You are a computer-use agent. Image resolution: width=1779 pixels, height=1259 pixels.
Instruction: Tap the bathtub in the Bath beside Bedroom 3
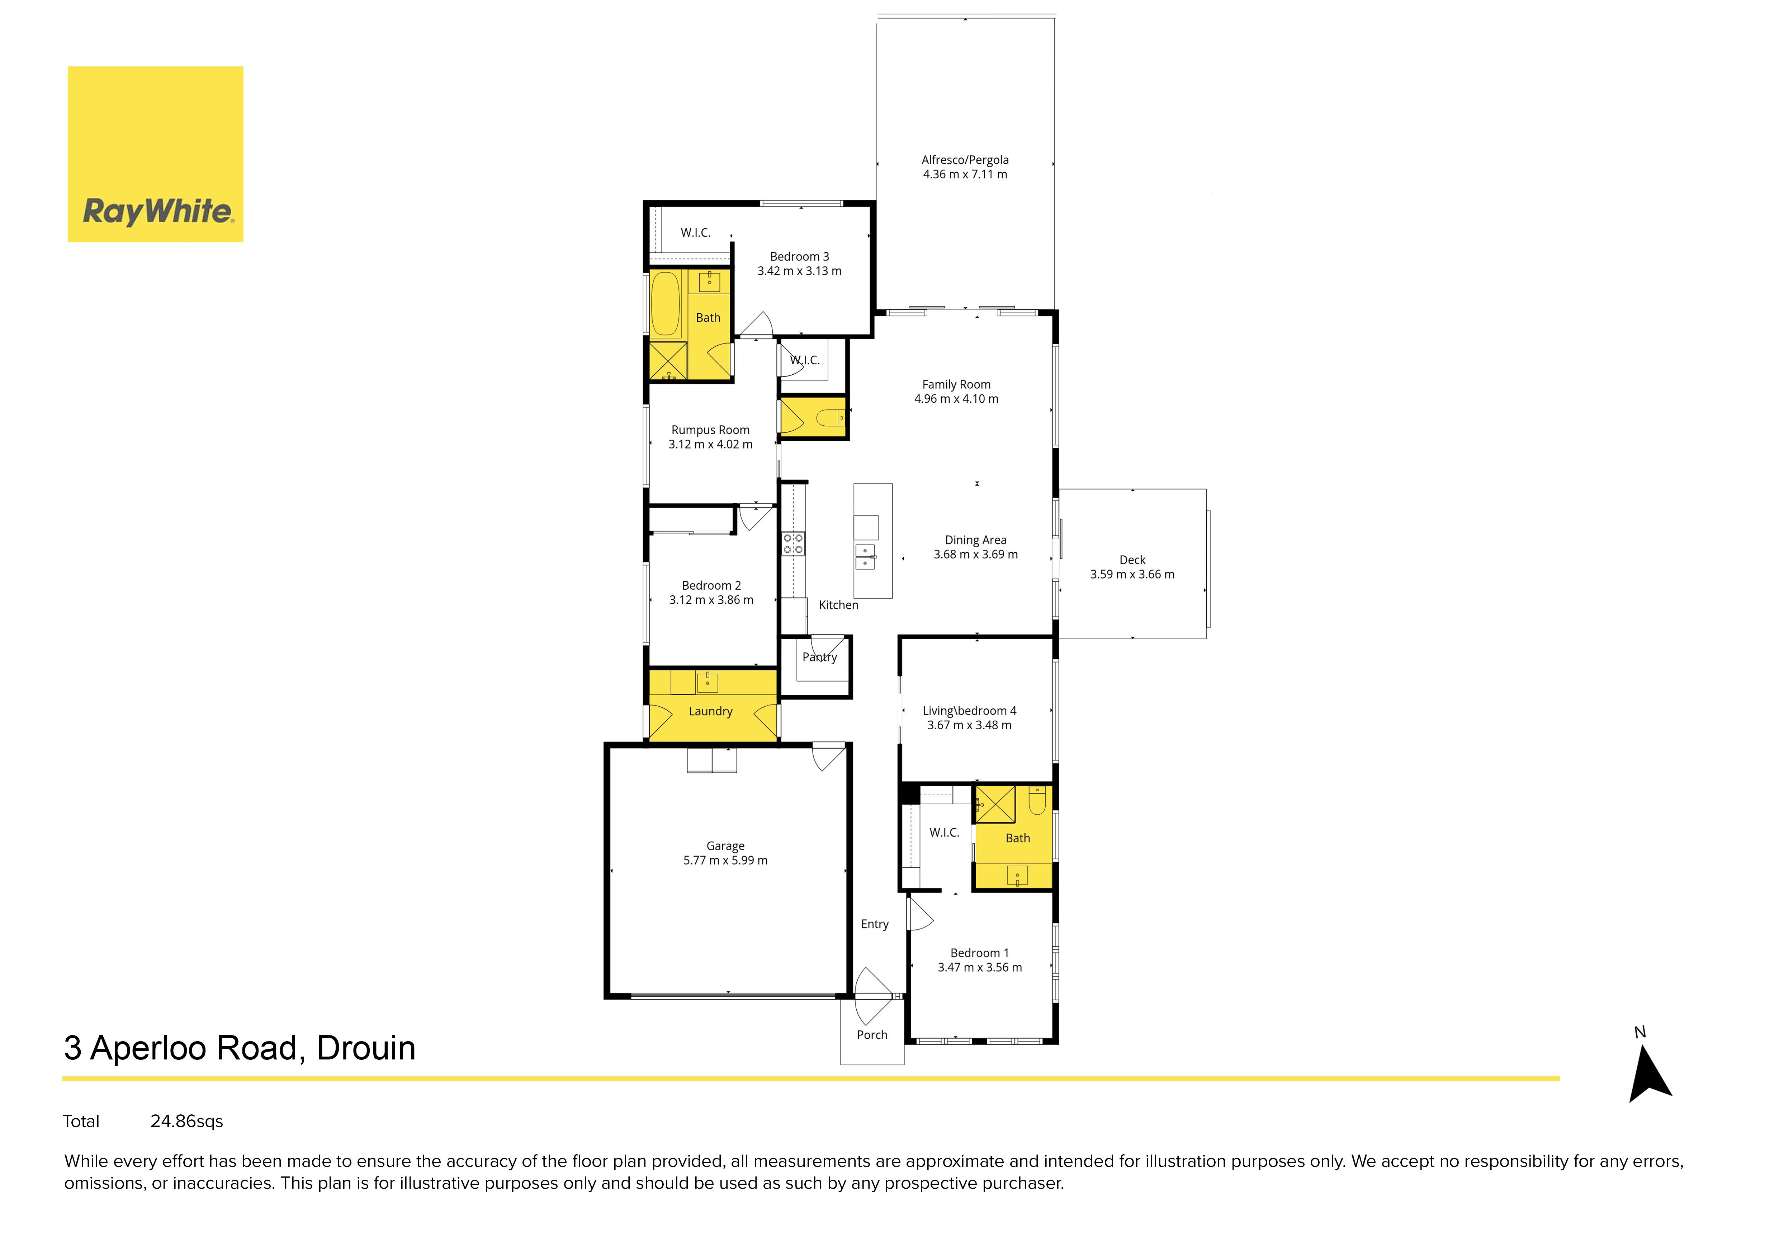[666, 303]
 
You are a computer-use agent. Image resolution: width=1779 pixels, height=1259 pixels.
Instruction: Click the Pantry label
[820, 657]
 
